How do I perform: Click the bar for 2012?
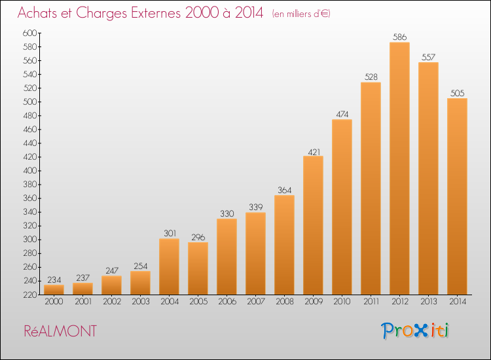[x=399, y=168]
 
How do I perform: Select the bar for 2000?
[x=54, y=289]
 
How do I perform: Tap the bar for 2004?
[x=169, y=266]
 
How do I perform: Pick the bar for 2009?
[x=313, y=225]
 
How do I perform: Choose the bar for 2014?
[x=457, y=196]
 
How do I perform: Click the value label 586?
[x=399, y=37]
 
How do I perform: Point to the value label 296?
[x=198, y=238]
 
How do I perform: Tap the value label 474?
[x=342, y=115]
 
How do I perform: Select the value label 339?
[x=255, y=207]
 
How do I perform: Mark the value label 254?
[x=140, y=266]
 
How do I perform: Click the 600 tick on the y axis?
[x=29, y=33]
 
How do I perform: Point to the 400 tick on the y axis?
[x=29, y=171]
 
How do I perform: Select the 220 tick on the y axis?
[x=29, y=295]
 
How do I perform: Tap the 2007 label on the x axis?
[x=255, y=302]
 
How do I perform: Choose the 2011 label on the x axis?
[x=371, y=302]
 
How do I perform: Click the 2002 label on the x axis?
[x=111, y=302]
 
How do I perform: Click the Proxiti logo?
[x=414, y=331]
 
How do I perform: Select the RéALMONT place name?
[x=60, y=331]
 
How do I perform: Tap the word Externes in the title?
[x=156, y=13]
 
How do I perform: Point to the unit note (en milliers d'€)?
[x=301, y=14]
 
